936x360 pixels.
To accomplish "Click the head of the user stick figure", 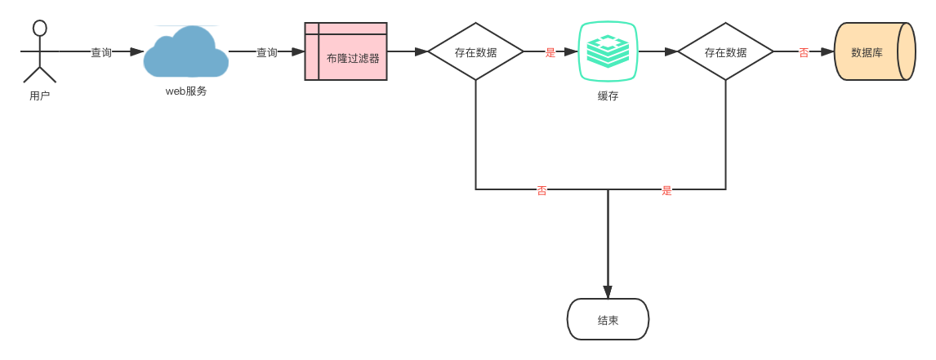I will click(x=39, y=28).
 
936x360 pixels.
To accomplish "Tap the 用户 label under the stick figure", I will click(x=39, y=96).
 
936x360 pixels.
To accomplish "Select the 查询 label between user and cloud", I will click(x=101, y=52).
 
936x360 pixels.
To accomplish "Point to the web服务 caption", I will click(x=186, y=91).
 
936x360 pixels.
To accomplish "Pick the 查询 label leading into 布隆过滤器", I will click(x=267, y=52).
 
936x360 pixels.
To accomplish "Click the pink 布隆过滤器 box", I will click(x=345, y=51).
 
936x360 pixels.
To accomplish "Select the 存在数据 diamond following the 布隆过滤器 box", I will click(x=475, y=51).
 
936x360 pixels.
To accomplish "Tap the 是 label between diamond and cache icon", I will click(x=550, y=52).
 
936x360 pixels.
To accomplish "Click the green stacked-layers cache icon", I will click(x=608, y=51).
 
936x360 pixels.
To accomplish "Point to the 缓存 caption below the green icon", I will click(x=608, y=96).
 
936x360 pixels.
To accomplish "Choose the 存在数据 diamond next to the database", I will click(x=725, y=51).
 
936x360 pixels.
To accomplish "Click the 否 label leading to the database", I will click(x=804, y=52).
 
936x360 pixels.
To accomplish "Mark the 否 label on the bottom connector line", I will click(x=542, y=190).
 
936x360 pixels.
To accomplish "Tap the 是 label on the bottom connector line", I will click(x=666, y=190).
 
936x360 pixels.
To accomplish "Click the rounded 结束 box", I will click(x=608, y=319).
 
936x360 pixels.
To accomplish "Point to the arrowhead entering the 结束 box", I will click(x=608, y=292).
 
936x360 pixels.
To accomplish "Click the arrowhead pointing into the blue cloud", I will click(x=137, y=51).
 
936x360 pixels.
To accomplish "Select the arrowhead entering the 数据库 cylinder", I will click(x=827, y=51).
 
